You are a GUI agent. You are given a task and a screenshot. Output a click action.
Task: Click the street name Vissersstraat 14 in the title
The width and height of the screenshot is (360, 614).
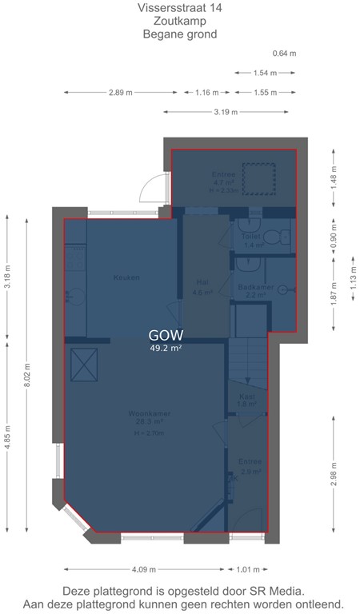point(179,7)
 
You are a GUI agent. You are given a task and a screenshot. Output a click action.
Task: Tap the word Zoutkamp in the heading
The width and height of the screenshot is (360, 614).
point(179,21)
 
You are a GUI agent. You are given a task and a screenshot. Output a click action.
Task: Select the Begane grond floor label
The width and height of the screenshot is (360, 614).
point(179,34)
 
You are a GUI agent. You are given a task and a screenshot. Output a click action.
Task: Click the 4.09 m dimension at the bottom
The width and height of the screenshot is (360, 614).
point(144,569)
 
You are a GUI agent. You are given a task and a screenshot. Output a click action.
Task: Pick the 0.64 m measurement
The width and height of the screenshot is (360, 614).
point(283,54)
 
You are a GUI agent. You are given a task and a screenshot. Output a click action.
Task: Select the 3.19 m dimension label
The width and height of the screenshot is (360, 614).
point(226,112)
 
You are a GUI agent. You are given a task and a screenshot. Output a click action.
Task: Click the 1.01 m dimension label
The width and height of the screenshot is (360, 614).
point(250,569)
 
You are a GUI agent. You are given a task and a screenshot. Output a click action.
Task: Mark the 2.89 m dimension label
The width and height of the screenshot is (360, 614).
point(120,93)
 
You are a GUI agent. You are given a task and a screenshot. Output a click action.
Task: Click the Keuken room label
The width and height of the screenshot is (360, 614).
point(126,277)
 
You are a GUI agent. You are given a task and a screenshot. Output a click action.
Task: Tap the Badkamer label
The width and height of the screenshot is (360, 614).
point(254,286)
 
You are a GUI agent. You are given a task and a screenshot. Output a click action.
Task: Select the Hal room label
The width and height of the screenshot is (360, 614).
point(202,281)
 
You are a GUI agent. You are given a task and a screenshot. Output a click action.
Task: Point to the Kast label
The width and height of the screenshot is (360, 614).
point(247,397)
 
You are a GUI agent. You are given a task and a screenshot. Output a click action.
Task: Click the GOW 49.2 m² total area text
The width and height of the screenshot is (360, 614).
point(166,341)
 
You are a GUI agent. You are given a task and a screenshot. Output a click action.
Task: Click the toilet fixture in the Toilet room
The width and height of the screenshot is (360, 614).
point(279,234)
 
